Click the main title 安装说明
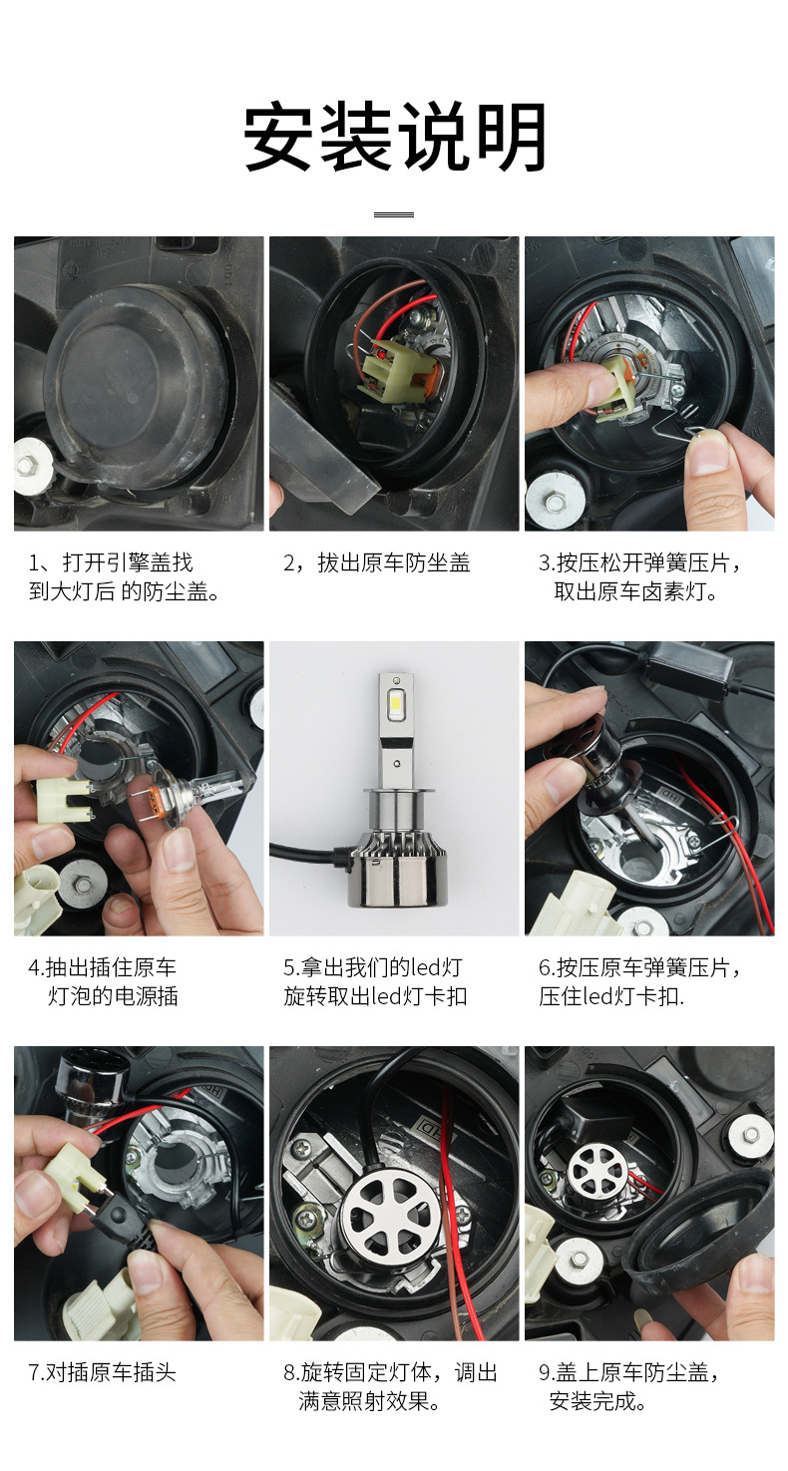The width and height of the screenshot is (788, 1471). tap(395, 138)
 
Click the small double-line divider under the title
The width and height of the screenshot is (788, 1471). tap(393, 214)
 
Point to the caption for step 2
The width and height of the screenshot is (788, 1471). tap(377, 563)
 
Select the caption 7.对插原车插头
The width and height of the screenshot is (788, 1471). tap(102, 1372)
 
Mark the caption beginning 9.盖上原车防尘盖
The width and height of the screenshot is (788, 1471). tap(630, 1386)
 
